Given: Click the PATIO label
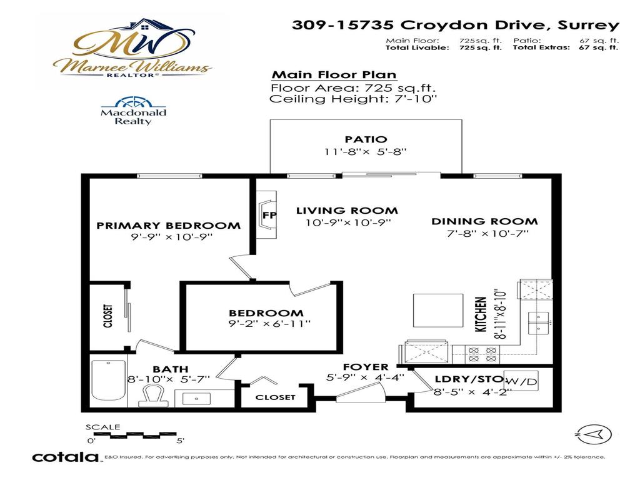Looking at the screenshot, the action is (x=366, y=139).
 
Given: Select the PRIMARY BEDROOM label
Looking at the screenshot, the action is (x=168, y=226).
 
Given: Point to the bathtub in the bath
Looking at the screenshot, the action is (x=109, y=381).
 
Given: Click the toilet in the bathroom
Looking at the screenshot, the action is (x=152, y=396).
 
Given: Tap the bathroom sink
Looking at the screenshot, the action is (x=196, y=398).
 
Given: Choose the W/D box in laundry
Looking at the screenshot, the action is (x=521, y=381).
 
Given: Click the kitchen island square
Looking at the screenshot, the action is (x=438, y=310).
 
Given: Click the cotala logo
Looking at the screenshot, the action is (x=65, y=457).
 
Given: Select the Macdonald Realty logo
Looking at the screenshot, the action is (x=133, y=111).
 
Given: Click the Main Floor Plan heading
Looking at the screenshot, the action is (x=334, y=75).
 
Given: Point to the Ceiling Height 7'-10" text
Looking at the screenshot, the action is (x=353, y=99).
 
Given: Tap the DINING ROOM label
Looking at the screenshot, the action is (x=484, y=222).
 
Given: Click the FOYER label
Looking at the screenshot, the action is (x=365, y=367).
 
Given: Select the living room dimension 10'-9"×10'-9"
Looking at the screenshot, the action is (x=348, y=223).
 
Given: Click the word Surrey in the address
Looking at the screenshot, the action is (x=588, y=25).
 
